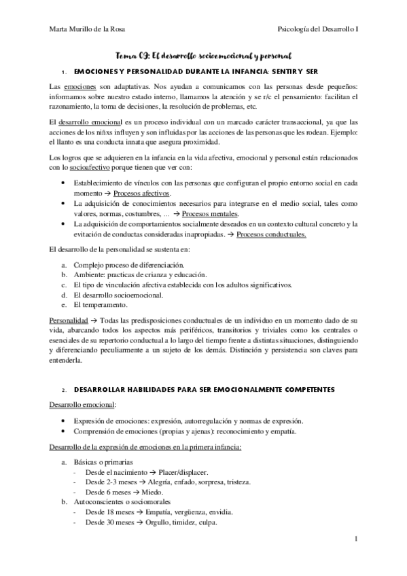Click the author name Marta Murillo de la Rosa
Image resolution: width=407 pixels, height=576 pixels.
(x=88, y=30)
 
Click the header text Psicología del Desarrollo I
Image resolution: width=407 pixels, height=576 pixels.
(x=320, y=30)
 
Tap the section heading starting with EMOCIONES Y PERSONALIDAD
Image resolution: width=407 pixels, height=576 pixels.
(x=197, y=71)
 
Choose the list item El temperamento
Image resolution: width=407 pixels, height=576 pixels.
(x=99, y=306)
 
